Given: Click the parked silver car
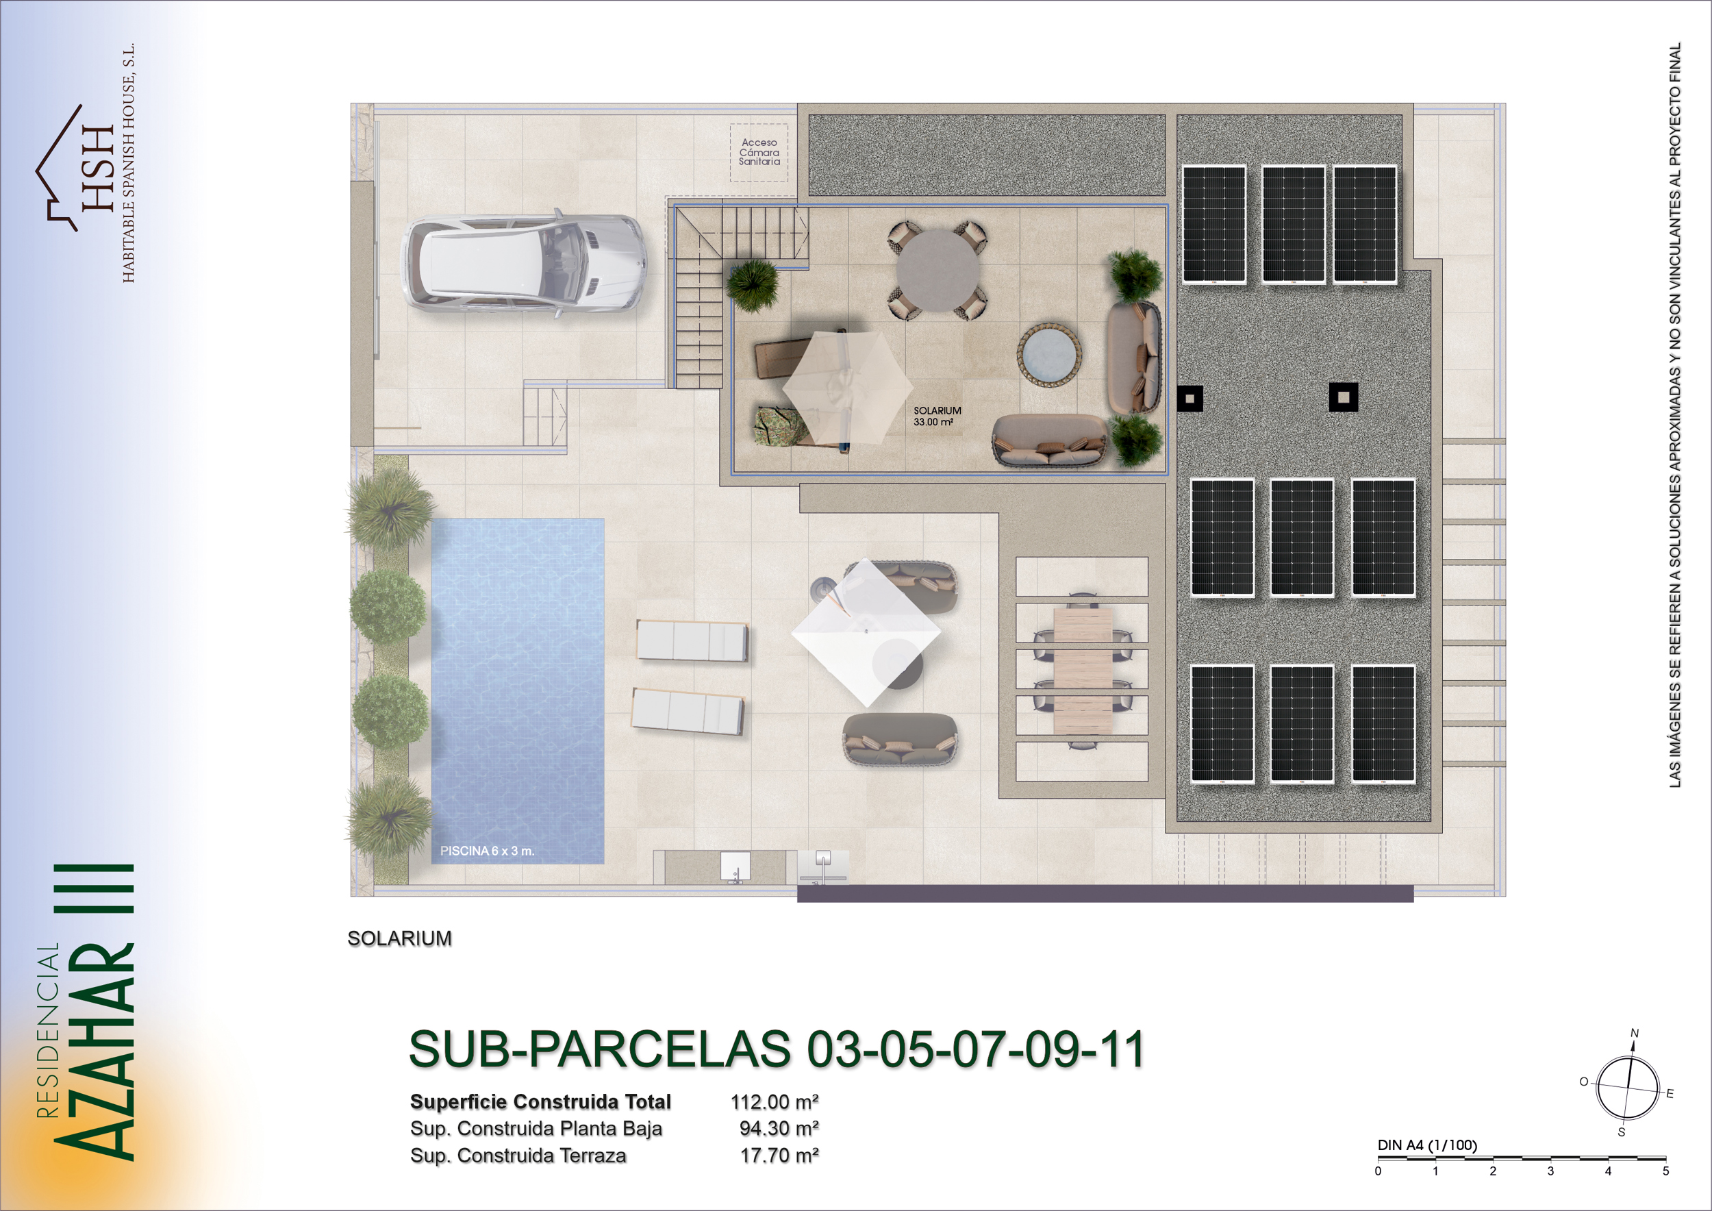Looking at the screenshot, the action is [523, 264].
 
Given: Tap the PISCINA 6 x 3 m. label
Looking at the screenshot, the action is [487, 851].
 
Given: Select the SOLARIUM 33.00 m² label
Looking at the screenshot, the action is [937, 416].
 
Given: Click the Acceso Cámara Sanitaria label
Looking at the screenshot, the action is [759, 152].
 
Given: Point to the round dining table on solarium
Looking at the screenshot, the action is [937, 270].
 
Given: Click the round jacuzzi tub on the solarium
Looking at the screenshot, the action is [1049, 355].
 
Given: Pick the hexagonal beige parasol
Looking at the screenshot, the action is [848, 387].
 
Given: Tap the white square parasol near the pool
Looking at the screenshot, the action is [866, 632].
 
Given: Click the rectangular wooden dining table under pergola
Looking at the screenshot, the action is [1082, 670].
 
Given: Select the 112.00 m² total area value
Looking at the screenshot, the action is [775, 1101].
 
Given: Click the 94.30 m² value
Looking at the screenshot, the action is [779, 1128].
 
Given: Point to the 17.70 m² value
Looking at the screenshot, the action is [779, 1155].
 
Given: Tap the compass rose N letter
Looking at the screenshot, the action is [1635, 1033].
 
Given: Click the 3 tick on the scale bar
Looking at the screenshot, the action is [1550, 1171].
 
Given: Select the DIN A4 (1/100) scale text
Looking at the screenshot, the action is [1427, 1145].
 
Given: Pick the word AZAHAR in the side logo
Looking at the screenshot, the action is [96, 1051].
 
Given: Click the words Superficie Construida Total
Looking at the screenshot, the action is [540, 1101].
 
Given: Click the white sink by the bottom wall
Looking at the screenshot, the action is [735, 867].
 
